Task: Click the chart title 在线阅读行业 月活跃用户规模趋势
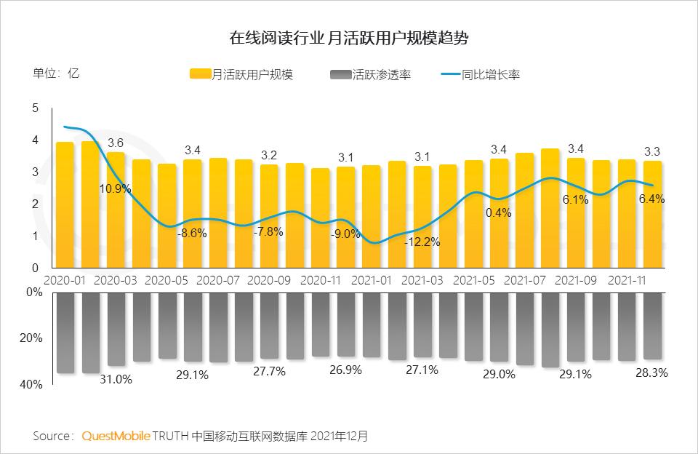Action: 348,36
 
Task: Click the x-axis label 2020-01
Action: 65,279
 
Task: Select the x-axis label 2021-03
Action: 422,279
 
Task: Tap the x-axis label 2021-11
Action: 627,279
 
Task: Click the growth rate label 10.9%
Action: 116,188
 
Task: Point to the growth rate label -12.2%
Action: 422,242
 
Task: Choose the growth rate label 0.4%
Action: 499,213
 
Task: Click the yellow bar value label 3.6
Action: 116,143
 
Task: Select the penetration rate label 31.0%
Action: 116,379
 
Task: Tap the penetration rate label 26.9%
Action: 345,370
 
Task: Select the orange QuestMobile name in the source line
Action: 116,437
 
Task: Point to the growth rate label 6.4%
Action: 651,199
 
